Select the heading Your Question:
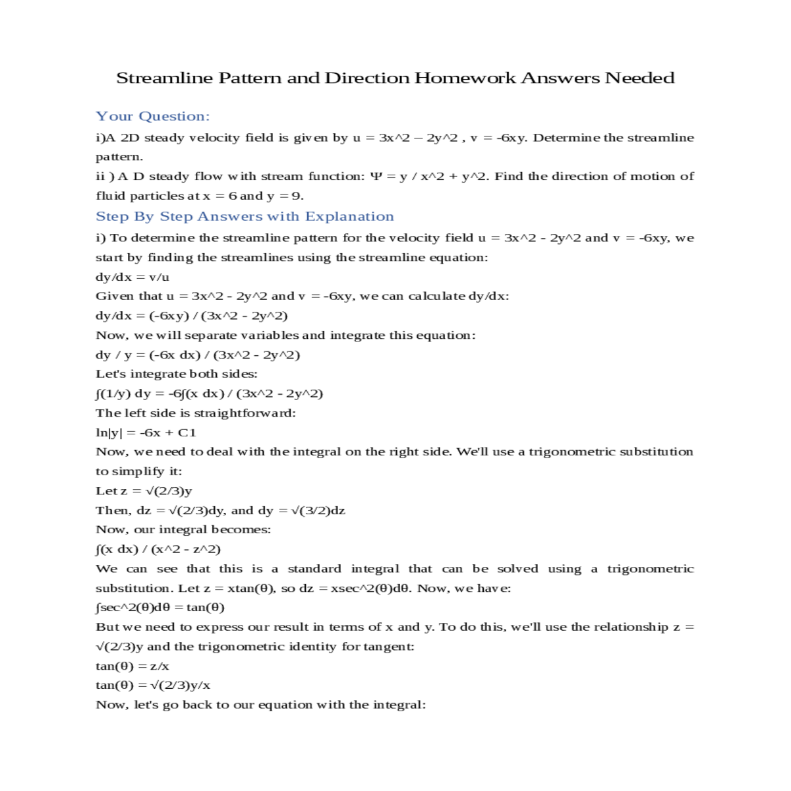tap(153, 117)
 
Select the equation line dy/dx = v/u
tap(132, 277)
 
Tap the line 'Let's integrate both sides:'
tap(177, 374)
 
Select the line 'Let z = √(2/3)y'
tap(144, 491)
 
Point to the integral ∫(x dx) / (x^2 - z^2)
tap(158, 549)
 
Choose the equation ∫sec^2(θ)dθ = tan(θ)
tap(160, 608)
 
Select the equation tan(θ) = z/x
tap(132, 666)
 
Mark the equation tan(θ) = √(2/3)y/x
tap(153, 686)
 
